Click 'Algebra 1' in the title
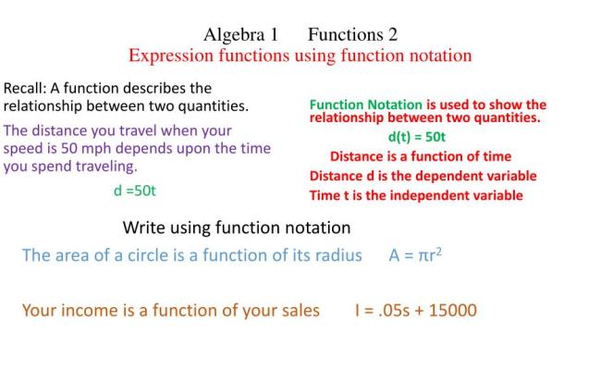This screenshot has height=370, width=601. click(x=240, y=35)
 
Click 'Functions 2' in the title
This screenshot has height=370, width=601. click(x=352, y=35)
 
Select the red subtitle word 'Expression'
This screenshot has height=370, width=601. click(x=169, y=55)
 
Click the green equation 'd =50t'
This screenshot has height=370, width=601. click(x=135, y=191)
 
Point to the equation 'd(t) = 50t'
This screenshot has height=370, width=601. click(x=417, y=137)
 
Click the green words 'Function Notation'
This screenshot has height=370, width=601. click(x=365, y=105)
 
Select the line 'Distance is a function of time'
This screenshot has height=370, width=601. click(x=421, y=156)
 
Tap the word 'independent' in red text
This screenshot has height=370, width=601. click(x=432, y=195)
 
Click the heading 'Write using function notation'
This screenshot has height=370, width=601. click(x=237, y=228)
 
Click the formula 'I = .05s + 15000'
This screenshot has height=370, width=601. click(x=416, y=310)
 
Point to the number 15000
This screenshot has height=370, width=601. click(x=454, y=310)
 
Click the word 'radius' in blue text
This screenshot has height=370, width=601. click(x=336, y=256)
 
